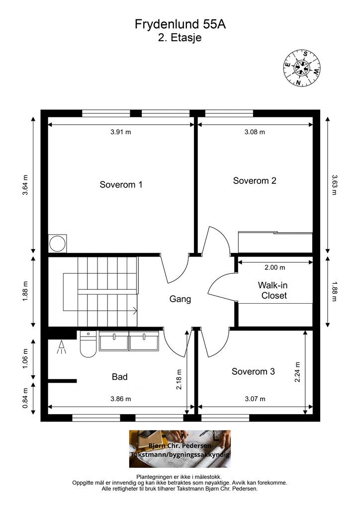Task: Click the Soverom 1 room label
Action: coord(121,185)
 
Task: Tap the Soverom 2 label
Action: coord(255,181)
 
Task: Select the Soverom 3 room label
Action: coord(253,371)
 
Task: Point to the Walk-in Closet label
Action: coord(274,290)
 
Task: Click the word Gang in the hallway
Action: coord(180,299)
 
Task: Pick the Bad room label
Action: coord(119,377)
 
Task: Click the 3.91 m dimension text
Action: coord(121,132)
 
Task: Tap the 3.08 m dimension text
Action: coord(255,132)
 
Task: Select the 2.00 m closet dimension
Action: coord(275,267)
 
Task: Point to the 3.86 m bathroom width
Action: coord(121,399)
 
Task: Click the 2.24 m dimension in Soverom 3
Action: coord(297,372)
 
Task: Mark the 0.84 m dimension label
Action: coord(26,398)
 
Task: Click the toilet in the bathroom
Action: coord(88,344)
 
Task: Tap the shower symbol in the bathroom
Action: coord(62,347)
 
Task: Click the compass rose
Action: coord(301,68)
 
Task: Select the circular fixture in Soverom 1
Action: coord(58,244)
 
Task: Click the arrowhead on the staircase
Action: coord(135,311)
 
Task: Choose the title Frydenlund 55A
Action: coord(180,24)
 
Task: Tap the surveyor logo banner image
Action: coord(180,449)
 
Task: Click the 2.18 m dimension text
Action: coord(179,379)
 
